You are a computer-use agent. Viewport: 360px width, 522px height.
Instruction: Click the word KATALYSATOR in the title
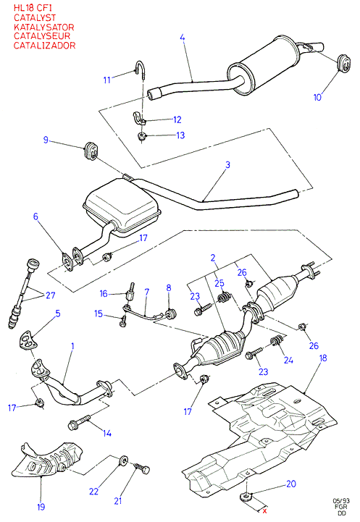pyautogui.click(x=43, y=27)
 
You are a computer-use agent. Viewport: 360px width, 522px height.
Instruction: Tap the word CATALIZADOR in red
pyautogui.click(x=45, y=46)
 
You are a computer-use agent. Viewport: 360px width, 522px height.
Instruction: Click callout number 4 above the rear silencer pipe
pyautogui.click(x=182, y=38)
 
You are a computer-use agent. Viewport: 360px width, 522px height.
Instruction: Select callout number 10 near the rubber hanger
pyautogui.click(x=317, y=97)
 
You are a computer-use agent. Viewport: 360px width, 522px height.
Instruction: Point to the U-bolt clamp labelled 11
pyautogui.click(x=141, y=70)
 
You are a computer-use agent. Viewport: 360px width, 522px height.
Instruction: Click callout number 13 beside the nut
pyautogui.click(x=180, y=135)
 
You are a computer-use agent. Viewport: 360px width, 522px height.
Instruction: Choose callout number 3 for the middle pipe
pyautogui.click(x=227, y=165)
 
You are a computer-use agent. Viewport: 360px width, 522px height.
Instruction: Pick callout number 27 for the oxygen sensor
pyautogui.click(x=51, y=295)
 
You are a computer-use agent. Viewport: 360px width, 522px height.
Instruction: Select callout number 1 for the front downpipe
pyautogui.click(x=72, y=346)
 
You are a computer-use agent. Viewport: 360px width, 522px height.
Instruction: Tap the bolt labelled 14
pyautogui.click(x=79, y=422)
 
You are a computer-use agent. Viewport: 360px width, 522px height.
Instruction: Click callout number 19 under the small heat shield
pyautogui.click(x=41, y=507)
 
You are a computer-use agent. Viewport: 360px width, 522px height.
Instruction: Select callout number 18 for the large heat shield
pyautogui.click(x=323, y=358)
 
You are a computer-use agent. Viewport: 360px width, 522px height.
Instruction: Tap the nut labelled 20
pyautogui.click(x=246, y=496)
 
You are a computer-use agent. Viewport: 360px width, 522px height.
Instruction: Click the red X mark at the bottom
pyautogui.click(x=265, y=511)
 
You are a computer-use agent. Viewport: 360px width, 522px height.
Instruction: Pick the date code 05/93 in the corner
pyautogui.click(x=341, y=501)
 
